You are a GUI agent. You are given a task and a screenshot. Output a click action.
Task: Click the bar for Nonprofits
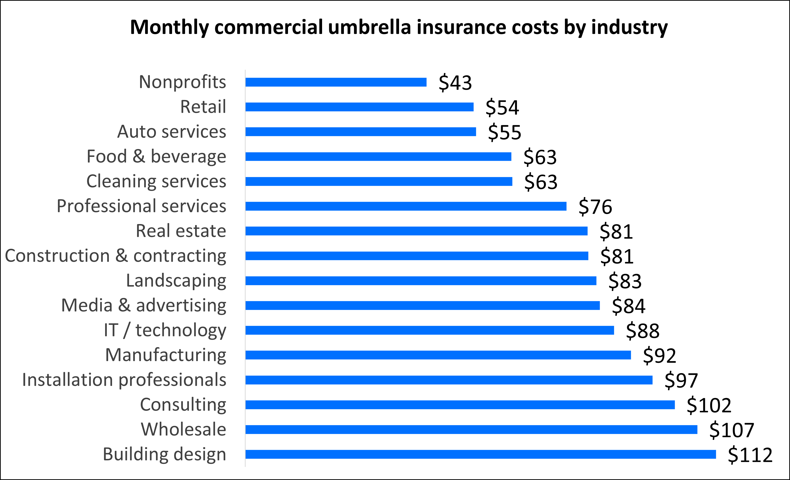tap(336, 82)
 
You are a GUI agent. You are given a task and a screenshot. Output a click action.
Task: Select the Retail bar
tap(359, 107)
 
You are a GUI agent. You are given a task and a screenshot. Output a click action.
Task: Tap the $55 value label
tap(504, 132)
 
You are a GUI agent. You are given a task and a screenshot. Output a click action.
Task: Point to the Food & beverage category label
tap(156, 156)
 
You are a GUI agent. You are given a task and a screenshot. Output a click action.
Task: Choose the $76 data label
tap(595, 206)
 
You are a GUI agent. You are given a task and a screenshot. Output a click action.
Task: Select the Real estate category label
tap(181, 231)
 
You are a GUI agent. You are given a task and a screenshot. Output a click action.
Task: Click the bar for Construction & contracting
tap(416, 256)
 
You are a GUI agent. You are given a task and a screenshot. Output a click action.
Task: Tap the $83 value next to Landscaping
tap(625, 281)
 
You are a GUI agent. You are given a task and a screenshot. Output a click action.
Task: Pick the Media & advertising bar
tap(422, 305)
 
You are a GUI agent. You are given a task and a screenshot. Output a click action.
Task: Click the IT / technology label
tap(165, 330)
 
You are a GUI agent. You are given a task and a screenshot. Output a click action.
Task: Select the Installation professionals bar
tap(449, 380)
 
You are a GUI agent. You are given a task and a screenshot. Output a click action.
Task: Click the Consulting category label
tap(183, 405)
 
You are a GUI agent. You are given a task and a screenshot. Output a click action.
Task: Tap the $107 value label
tap(731, 430)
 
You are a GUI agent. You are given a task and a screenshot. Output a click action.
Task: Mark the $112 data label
tap(750, 455)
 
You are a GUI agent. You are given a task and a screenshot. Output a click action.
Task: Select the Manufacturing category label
tap(165, 355)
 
